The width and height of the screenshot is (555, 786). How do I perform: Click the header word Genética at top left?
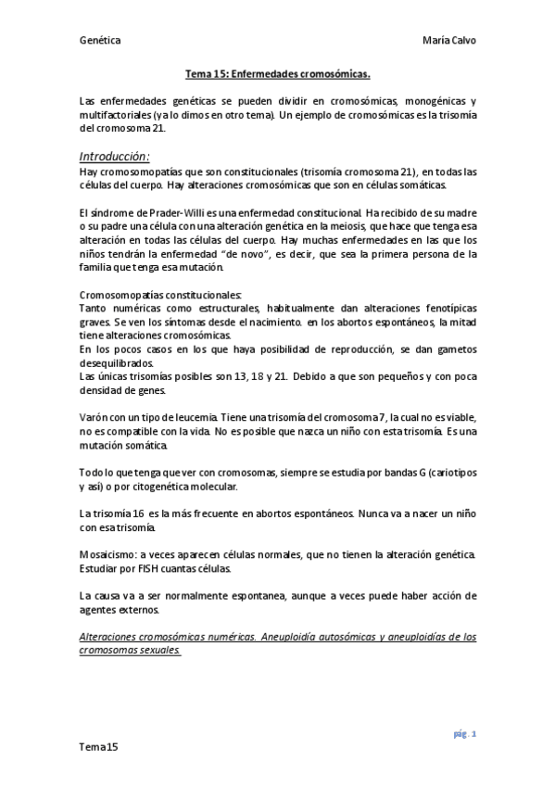click(x=101, y=40)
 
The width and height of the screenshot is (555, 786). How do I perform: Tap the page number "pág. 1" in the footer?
click(x=464, y=733)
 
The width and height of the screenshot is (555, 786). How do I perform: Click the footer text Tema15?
click(x=98, y=746)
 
